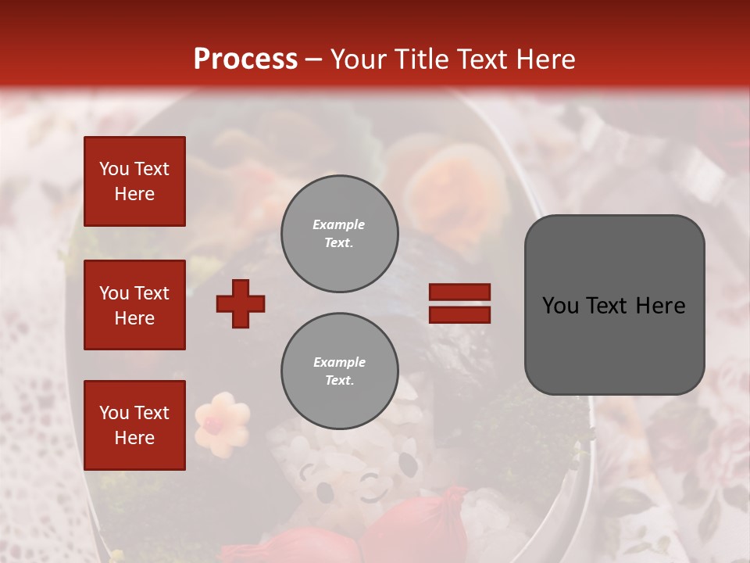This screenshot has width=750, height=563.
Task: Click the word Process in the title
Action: (245, 59)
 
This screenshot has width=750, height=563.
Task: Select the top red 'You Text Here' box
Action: (134, 181)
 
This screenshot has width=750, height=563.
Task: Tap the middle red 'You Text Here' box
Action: (134, 305)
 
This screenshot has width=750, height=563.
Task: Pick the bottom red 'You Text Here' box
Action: (134, 425)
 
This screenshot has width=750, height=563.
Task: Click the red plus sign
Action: (241, 303)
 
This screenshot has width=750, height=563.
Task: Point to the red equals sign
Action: (459, 303)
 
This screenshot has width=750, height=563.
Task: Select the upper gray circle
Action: (339, 234)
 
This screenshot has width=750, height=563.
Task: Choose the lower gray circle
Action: (339, 371)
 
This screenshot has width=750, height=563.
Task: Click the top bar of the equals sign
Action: (459, 292)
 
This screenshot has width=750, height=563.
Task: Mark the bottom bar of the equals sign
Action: (459, 314)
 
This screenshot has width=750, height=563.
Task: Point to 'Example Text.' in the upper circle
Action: (339, 234)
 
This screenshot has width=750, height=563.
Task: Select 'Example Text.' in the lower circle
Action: (339, 371)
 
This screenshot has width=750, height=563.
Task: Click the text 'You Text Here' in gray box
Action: (614, 305)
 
